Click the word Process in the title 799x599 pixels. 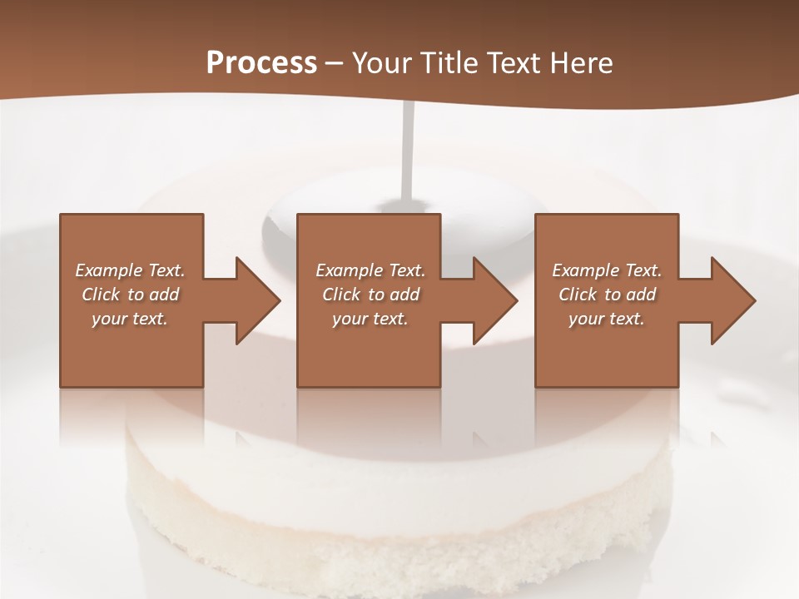tap(261, 63)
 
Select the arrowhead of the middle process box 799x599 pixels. tap(494, 300)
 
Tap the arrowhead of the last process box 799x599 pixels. tap(732, 300)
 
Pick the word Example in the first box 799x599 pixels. tap(107, 270)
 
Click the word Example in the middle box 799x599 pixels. tap(348, 270)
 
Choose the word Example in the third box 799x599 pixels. tap(584, 270)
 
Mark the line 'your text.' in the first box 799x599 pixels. tap(130, 319)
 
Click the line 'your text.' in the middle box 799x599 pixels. tap(370, 319)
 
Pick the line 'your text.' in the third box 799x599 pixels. tap(607, 319)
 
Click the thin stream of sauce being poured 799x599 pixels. tap(408, 150)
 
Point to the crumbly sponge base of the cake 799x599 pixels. tap(399, 549)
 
